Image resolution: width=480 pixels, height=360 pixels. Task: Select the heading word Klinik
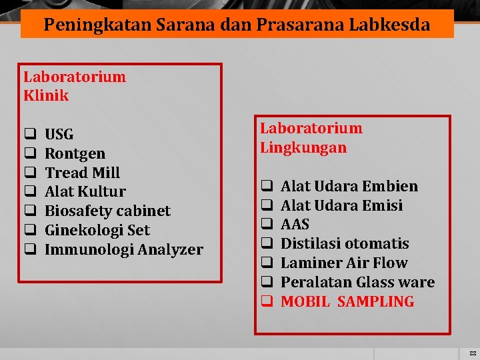46,95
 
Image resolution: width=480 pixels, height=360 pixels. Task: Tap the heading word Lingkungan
303,147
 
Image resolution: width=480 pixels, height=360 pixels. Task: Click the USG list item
59,135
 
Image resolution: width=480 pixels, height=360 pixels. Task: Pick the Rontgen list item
75,153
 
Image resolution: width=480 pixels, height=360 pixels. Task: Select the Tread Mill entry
82,173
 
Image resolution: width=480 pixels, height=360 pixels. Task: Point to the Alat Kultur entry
85,192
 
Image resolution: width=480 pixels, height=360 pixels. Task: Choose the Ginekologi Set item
97,231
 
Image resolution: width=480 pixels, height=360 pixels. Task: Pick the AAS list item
295,225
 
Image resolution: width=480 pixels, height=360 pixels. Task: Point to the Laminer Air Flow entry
343,263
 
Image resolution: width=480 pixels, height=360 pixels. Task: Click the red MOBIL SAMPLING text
347,302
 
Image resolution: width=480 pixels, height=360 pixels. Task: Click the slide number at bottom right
472,353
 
